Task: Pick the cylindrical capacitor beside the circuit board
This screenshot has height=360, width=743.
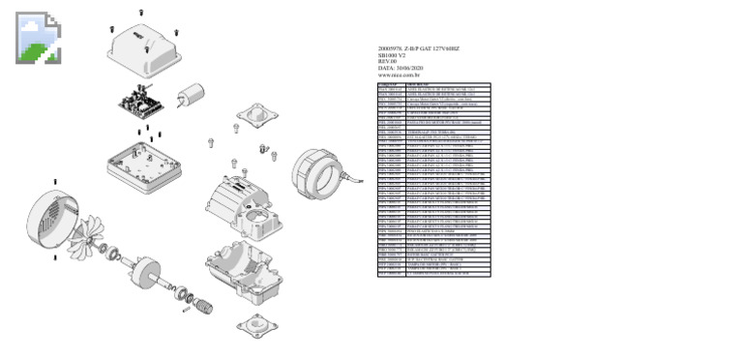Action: click(x=190, y=95)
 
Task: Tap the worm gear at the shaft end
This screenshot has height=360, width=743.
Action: click(x=204, y=307)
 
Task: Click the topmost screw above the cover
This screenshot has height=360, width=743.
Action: click(x=143, y=12)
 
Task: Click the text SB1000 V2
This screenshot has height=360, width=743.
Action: click(x=393, y=55)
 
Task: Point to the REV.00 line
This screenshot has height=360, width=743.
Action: click(x=388, y=62)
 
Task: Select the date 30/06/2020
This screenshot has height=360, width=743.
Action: click(x=409, y=69)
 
